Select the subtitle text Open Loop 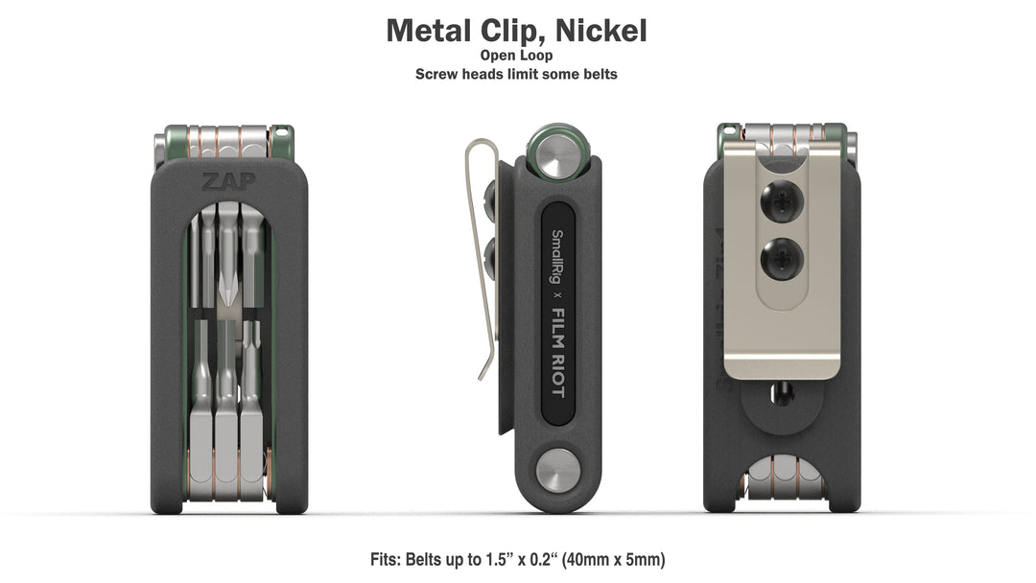pos(516,56)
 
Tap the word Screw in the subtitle pos(436,74)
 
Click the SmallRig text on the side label pos(554,257)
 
